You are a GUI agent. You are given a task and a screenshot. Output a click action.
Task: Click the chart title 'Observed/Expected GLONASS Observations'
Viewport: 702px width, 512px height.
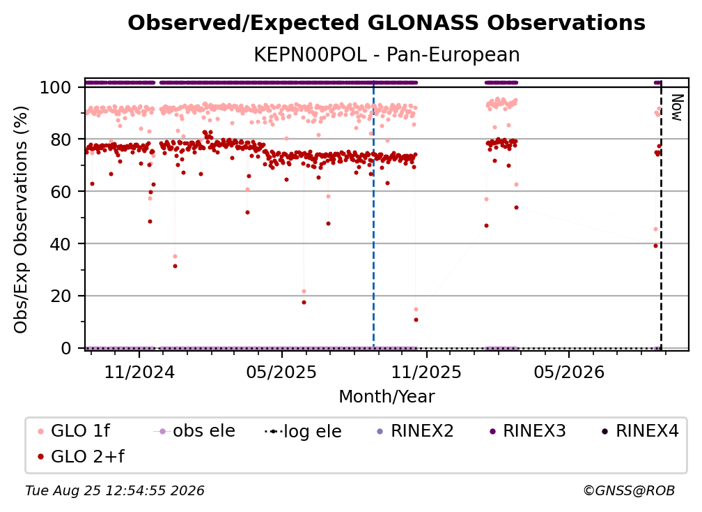click(387, 23)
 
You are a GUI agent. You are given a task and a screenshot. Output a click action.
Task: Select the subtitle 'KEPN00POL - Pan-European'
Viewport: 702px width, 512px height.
click(387, 54)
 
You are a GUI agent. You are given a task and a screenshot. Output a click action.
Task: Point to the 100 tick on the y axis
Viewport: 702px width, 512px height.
click(56, 87)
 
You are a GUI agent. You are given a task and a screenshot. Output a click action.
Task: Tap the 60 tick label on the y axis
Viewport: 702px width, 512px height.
click(61, 192)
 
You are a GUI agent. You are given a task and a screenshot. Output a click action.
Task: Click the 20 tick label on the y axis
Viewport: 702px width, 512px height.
click(61, 296)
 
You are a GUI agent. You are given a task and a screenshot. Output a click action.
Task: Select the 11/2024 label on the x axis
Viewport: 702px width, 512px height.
click(139, 372)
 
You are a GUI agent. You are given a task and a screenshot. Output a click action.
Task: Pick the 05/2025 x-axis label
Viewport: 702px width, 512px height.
click(281, 372)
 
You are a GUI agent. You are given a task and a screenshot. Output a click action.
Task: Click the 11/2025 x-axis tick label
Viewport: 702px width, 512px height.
click(426, 372)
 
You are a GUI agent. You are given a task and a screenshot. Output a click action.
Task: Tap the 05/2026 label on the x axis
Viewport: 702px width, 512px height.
click(568, 372)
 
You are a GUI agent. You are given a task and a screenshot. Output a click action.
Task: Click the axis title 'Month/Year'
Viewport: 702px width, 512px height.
click(387, 397)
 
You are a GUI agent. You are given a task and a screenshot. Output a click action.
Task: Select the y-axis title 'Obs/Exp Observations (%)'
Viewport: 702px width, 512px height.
click(21, 219)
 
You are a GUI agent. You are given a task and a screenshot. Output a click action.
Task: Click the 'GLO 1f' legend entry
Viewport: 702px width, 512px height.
click(74, 431)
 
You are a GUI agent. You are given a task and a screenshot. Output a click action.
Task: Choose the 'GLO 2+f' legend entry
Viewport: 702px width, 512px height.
click(81, 457)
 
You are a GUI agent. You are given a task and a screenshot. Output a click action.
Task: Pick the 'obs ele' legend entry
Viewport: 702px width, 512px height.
click(194, 431)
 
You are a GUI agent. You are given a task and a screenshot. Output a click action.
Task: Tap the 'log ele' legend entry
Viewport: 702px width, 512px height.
click(303, 432)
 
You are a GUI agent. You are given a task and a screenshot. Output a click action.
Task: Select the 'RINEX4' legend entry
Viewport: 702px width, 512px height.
click(640, 431)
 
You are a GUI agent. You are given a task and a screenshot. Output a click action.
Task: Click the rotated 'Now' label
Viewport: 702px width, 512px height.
click(678, 107)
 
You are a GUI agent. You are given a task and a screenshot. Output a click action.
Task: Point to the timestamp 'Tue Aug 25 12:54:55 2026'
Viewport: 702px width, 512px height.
click(115, 491)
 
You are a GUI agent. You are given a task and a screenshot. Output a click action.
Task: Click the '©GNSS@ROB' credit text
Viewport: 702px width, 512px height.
click(629, 491)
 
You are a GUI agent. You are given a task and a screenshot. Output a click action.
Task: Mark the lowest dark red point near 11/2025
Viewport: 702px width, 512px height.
click(416, 319)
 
